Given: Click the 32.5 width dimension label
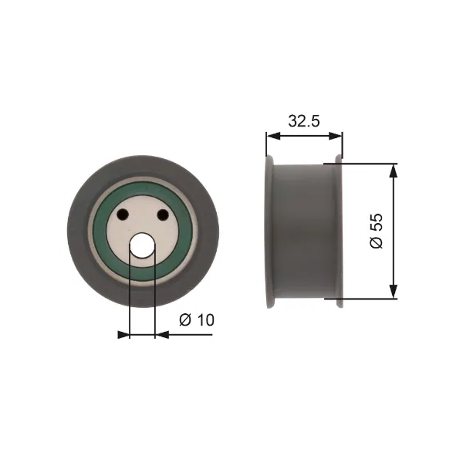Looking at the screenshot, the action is (304, 121).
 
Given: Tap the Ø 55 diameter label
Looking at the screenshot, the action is (377, 231).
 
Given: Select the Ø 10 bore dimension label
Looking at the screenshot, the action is (196, 319).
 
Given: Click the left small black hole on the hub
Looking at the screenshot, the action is (123, 214).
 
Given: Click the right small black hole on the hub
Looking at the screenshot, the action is (163, 214).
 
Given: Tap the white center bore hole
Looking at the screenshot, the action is (143, 245).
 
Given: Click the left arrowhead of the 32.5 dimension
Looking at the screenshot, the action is (273, 136).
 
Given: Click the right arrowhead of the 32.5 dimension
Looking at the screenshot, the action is (336, 136).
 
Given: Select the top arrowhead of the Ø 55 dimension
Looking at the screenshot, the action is (394, 171).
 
